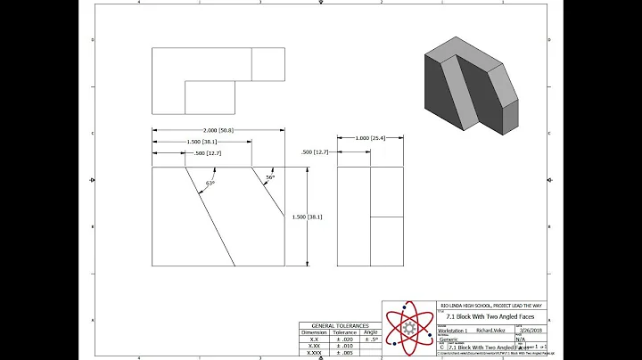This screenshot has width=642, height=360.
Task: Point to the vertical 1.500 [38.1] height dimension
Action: coord(308,217)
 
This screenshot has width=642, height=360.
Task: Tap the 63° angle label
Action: coord(210,183)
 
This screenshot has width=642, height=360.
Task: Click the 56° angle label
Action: coord(269,177)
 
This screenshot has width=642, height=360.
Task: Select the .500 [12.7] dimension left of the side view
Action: coord(315,152)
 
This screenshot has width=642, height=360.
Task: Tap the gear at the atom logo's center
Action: coord(411,328)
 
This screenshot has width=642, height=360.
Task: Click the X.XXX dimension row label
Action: coord(314,353)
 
